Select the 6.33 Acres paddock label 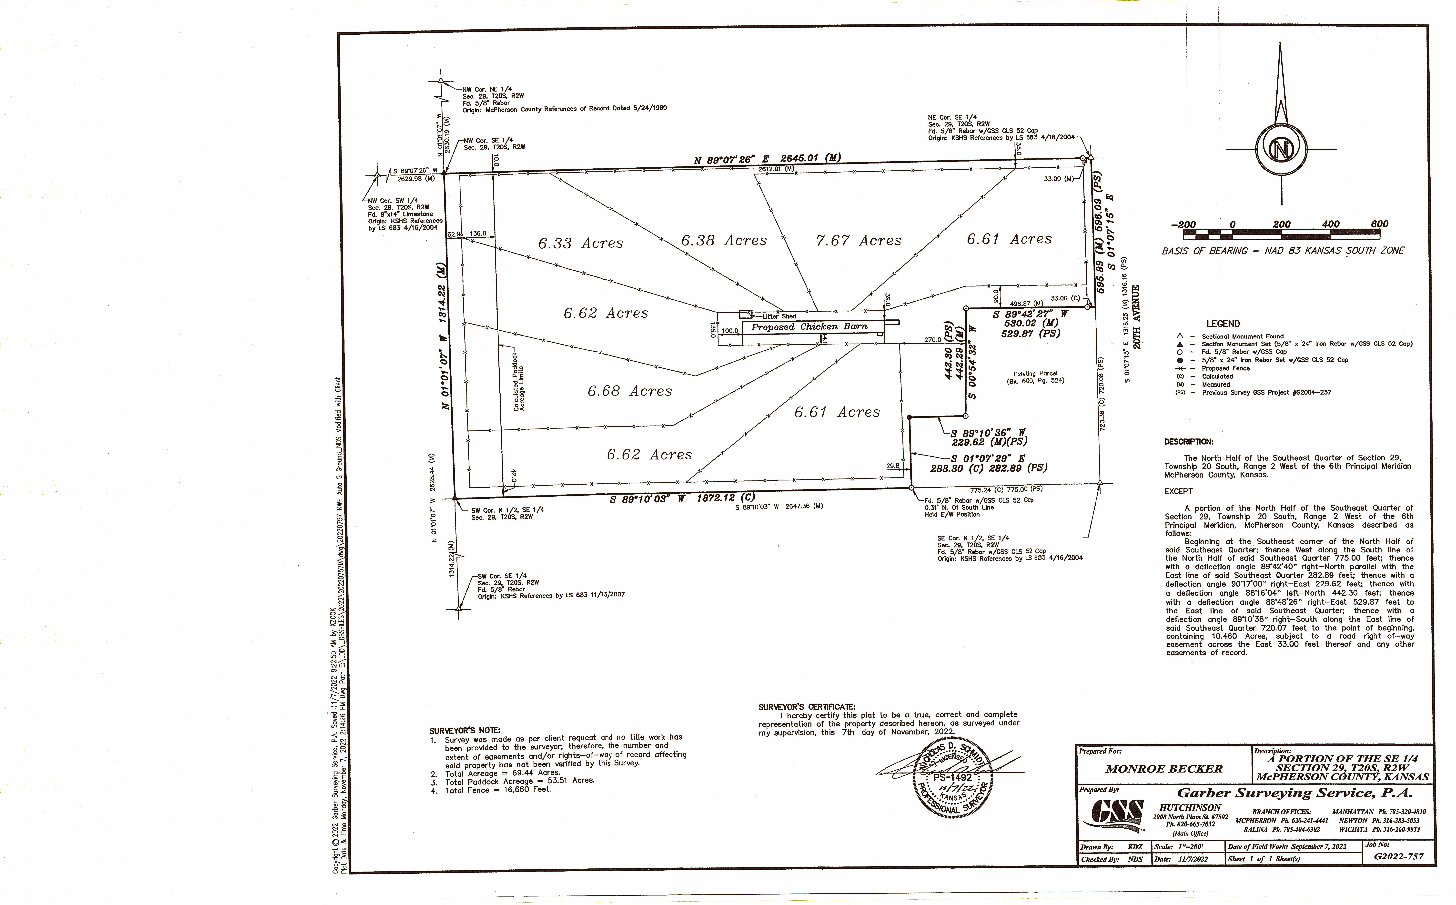(x=580, y=243)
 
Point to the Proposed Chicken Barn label (x=809, y=327)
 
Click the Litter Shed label (x=779, y=316)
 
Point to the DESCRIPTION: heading (x=1189, y=442)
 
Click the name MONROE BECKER (x=1164, y=769)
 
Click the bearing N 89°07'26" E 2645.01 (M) (x=767, y=159)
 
